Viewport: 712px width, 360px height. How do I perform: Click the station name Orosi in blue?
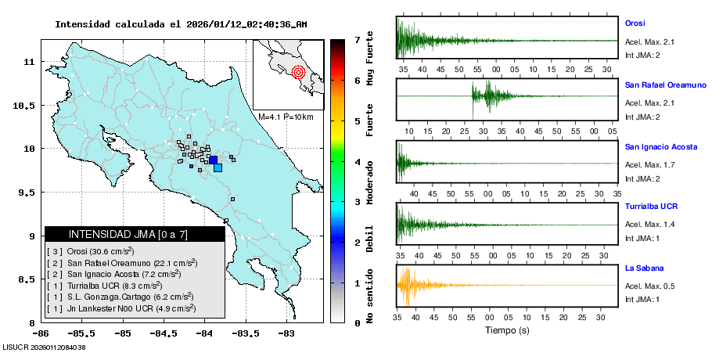(x=635, y=23)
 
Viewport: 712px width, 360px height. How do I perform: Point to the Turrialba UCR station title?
(x=651, y=207)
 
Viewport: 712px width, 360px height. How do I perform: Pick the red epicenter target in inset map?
(x=297, y=73)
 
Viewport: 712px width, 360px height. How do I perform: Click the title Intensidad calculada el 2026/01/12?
(x=181, y=24)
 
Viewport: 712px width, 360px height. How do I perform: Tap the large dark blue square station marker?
(x=213, y=160)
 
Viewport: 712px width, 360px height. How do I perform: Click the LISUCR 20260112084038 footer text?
(x=44, y=347)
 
